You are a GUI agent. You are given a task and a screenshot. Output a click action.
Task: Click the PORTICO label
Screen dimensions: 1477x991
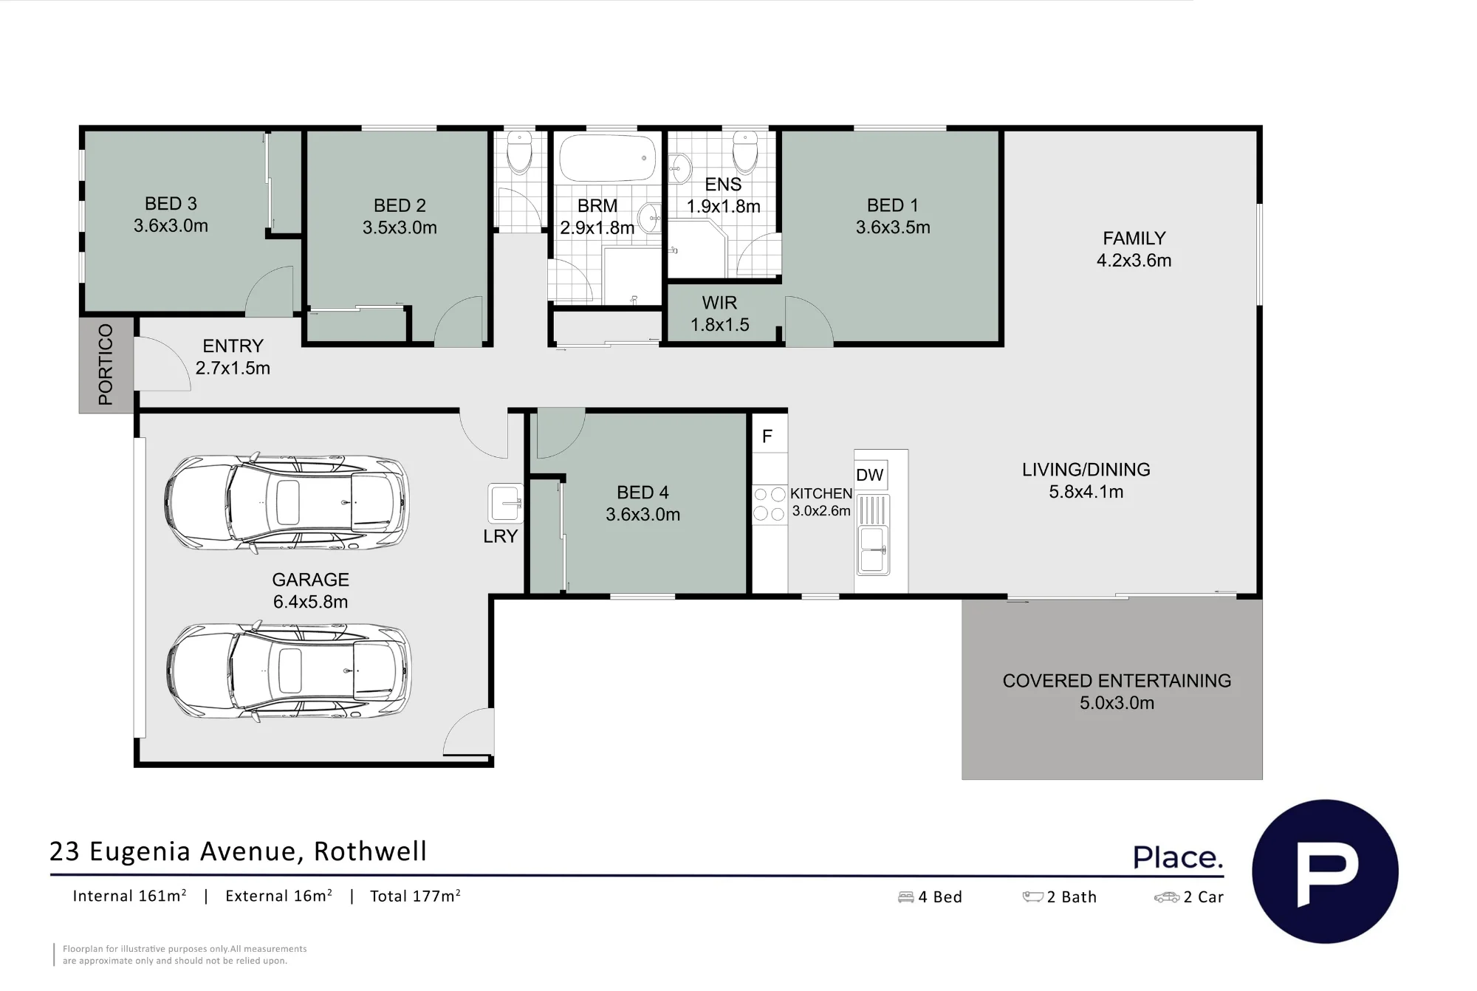[x=106, y=365]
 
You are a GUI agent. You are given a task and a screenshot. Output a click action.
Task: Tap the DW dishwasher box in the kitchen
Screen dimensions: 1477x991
[x=871, y=475]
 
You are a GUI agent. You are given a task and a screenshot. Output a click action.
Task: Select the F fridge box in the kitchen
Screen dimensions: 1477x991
[x=768, y=436]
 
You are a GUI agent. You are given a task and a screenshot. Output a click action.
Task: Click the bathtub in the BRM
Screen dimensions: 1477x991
[x=608, y=157]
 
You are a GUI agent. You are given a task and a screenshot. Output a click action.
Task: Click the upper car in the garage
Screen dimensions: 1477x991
[x=287, y=502]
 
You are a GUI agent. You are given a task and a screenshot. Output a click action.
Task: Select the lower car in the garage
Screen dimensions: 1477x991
[x=288, y=671]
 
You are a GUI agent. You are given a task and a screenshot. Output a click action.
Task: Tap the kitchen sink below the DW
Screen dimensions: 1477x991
[x=873, y=535]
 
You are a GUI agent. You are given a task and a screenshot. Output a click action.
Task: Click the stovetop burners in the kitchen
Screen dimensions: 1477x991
[x=770, y=504]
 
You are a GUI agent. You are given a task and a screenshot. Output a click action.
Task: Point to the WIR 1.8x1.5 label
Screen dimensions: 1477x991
[x=720, y=314]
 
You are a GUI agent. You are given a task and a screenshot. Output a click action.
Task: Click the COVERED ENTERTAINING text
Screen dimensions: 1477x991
[x=1117, y=681]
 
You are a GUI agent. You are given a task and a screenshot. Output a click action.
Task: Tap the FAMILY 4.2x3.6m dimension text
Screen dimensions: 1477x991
[x=1134, y=261]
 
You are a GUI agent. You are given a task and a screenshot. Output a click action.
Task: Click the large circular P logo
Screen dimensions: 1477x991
[x=1325, y=871]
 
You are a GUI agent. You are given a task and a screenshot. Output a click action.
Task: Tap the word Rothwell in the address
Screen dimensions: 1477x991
[x=371, y=851]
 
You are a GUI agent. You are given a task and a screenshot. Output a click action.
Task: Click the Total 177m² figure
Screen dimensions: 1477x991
[x=415, y=896]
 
